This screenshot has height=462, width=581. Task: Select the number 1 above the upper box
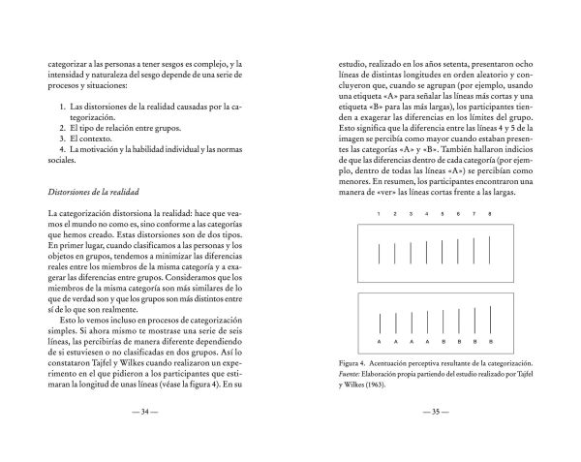pos(380,214)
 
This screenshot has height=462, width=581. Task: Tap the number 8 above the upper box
pos(490,214)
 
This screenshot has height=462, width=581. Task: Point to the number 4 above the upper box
pos(427,214)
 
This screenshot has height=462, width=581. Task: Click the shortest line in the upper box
pos(380,254)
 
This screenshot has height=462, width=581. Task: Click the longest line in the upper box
pos(490,251)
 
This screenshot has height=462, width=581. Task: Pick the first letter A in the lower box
pos(380,341)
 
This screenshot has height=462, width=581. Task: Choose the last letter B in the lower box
pos(490,341)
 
